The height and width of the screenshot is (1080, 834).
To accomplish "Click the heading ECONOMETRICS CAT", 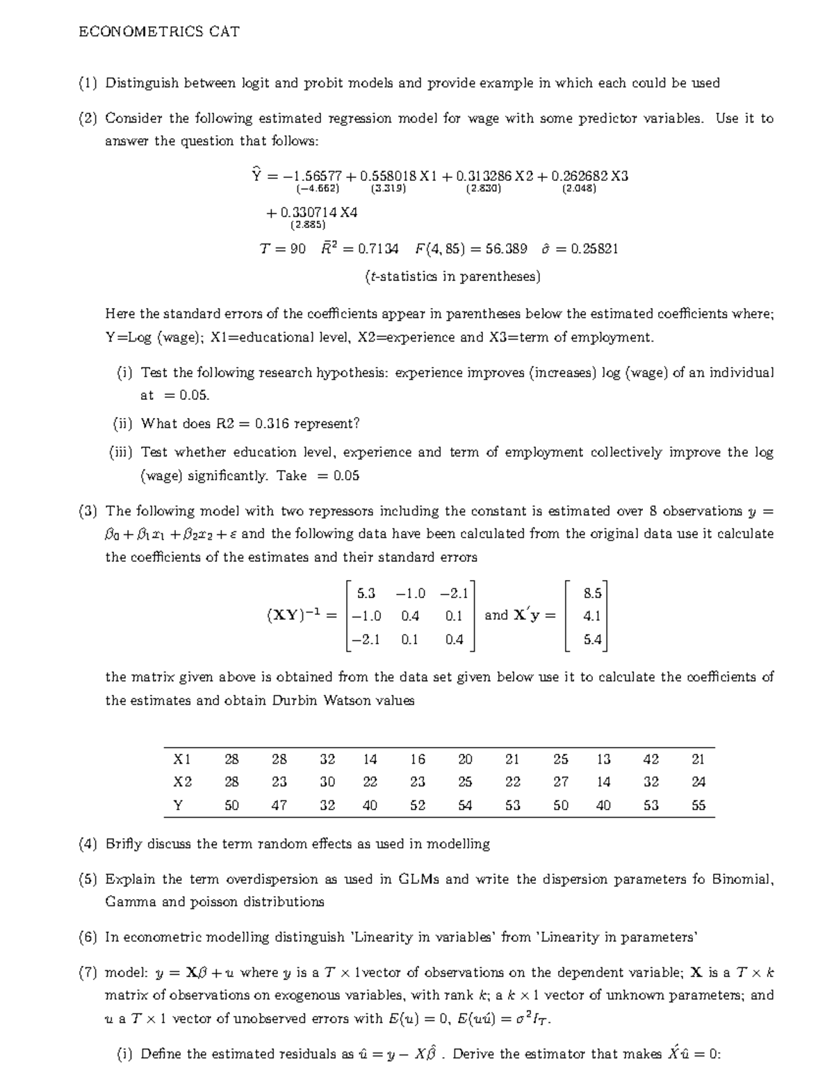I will pyautogui.click(x=159, y=31).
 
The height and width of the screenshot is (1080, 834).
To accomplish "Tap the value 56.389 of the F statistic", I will pyautogui.click(x=506, y=249).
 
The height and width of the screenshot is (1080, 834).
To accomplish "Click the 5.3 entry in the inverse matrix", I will pyautogui.click(x=366, y=593).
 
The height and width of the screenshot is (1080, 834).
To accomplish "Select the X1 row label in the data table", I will pyautogui.click(x=182, y=759).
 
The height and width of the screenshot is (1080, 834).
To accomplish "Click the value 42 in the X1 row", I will pyautogui.click(x=651, y=759).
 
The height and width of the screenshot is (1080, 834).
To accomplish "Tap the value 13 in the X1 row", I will pyautogui.click(x=603, y=759).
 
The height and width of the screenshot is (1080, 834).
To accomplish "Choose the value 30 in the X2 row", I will pyautogui.click(x=327, y=782).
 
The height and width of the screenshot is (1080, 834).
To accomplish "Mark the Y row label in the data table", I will pyautogui.click(x=179, y=805).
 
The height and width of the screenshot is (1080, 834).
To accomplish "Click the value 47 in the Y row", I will pyautogui.click(x=279, y=805).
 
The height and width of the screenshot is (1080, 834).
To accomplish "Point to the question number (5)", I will pyautogui.click(x=88, y=879).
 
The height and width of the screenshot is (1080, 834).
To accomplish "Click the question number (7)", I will pyautogui.click(x=88, y=972).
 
